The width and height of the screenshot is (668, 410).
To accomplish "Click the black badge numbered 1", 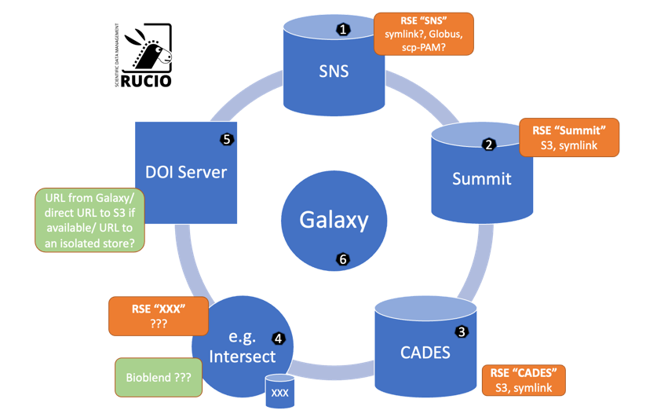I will click(342, 29).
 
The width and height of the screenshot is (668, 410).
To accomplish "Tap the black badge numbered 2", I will click(488, 145).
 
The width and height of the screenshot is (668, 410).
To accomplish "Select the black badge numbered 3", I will click(462, 332).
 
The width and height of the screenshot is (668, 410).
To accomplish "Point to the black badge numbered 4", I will click(278, 339).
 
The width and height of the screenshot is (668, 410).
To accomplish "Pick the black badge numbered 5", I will click(227, 139).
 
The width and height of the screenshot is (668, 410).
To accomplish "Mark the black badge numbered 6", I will click(341, 258).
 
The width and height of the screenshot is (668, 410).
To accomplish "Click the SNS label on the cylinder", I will click(334, 71).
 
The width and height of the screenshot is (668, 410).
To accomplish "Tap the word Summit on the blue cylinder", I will click(481, 178).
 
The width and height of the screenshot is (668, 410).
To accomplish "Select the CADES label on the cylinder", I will click(425, 353).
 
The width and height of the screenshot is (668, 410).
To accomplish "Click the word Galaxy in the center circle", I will click(334, 220).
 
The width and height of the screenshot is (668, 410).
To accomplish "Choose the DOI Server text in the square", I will click(187, 172).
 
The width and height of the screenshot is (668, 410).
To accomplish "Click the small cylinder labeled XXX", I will click(280, 391).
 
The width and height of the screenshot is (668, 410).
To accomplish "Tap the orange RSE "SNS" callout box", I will click(424, 33).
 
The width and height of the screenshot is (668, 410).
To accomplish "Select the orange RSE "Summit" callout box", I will click(569, 137).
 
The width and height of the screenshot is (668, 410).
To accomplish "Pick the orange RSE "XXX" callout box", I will click(158, 314).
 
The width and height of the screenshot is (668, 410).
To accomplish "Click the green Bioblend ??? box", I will click(157, 377).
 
